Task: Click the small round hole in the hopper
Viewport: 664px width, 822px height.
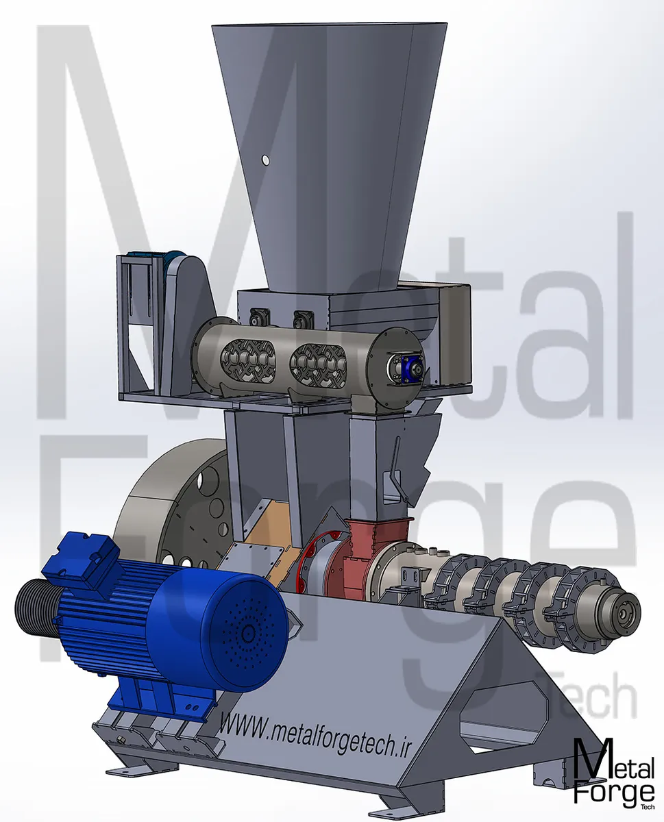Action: pyautogui.click(x=265, y=160)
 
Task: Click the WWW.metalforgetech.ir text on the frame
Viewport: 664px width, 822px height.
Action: pyautogui.click(x=314, y=732)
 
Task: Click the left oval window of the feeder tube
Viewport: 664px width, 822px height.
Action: pyautogui.click(x=248, y=362)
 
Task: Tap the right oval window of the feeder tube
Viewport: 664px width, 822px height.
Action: pyautogui.click(x=318, y=362)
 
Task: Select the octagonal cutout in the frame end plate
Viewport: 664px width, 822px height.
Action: pyautogui.click(x=504, y=717)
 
